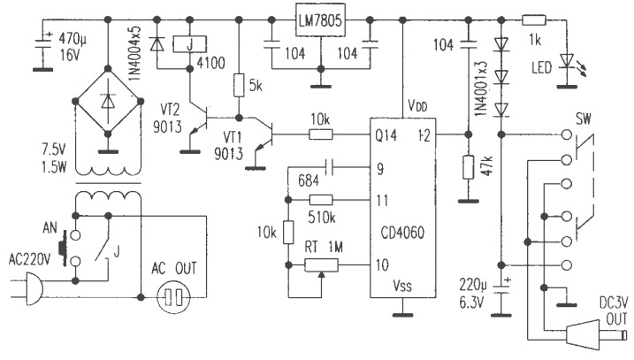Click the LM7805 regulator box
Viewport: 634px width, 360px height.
coord(318,18)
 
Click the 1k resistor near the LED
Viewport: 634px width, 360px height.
coord(533,18)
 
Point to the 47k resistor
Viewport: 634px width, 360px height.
coord(466,169)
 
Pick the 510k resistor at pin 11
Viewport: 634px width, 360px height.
coord(321,201)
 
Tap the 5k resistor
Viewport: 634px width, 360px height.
coord(238,85)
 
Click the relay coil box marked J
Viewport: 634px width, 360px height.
coord(186,43)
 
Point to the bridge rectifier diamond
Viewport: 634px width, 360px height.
coord(107,103)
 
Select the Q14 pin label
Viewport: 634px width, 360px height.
coord(384,135)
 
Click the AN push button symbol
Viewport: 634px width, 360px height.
coord(63,246)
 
